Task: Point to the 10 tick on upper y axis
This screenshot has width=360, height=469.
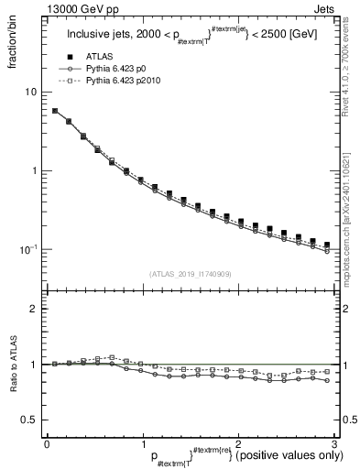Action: (30, 93)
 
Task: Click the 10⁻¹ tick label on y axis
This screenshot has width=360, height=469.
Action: (27, 249)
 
